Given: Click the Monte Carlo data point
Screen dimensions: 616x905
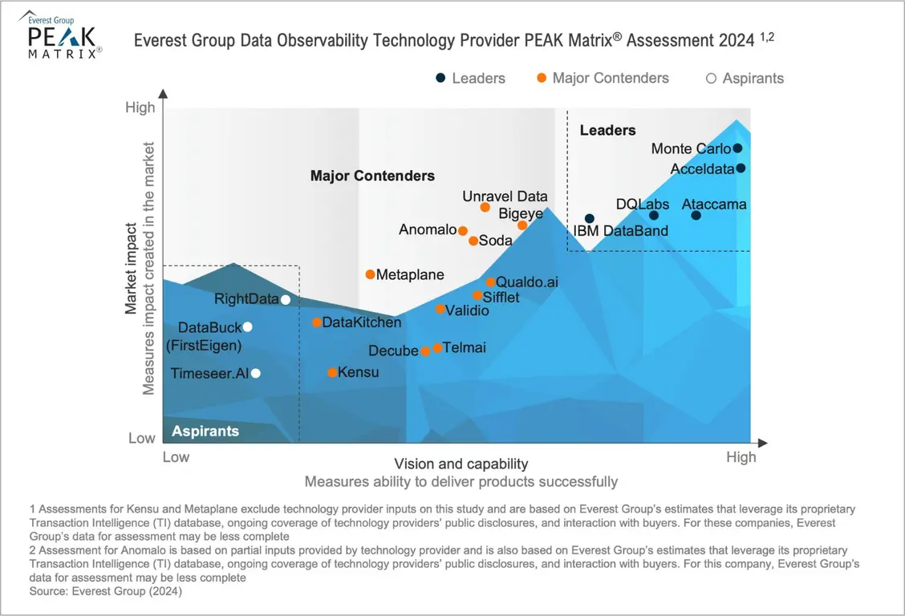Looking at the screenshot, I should point(737,148).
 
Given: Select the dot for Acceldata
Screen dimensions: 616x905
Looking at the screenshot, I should point(741,168).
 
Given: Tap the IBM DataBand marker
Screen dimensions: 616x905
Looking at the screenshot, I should point(590,218).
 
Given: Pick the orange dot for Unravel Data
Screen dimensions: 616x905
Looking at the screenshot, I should point(485,207).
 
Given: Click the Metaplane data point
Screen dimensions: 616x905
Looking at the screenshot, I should point(370,274).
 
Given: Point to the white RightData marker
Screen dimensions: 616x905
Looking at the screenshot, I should point(285,299).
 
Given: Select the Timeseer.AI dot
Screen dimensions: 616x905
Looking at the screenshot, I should point(256,373).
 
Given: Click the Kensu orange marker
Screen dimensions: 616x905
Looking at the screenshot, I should point(332,372).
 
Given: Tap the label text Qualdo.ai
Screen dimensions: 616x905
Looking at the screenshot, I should point(527,282).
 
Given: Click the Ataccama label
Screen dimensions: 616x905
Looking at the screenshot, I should point(714,205).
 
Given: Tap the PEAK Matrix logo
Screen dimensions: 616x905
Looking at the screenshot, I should point(62,36).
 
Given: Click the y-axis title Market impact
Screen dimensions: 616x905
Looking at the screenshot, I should point(131,269).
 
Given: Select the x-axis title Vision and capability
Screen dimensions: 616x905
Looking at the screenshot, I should point(461,464).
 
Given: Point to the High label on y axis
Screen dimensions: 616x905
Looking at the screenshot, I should point(140,107).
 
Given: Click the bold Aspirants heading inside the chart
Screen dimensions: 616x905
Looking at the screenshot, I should point(205,431).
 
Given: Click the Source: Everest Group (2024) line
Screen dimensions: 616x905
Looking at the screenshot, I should point(106,592).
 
